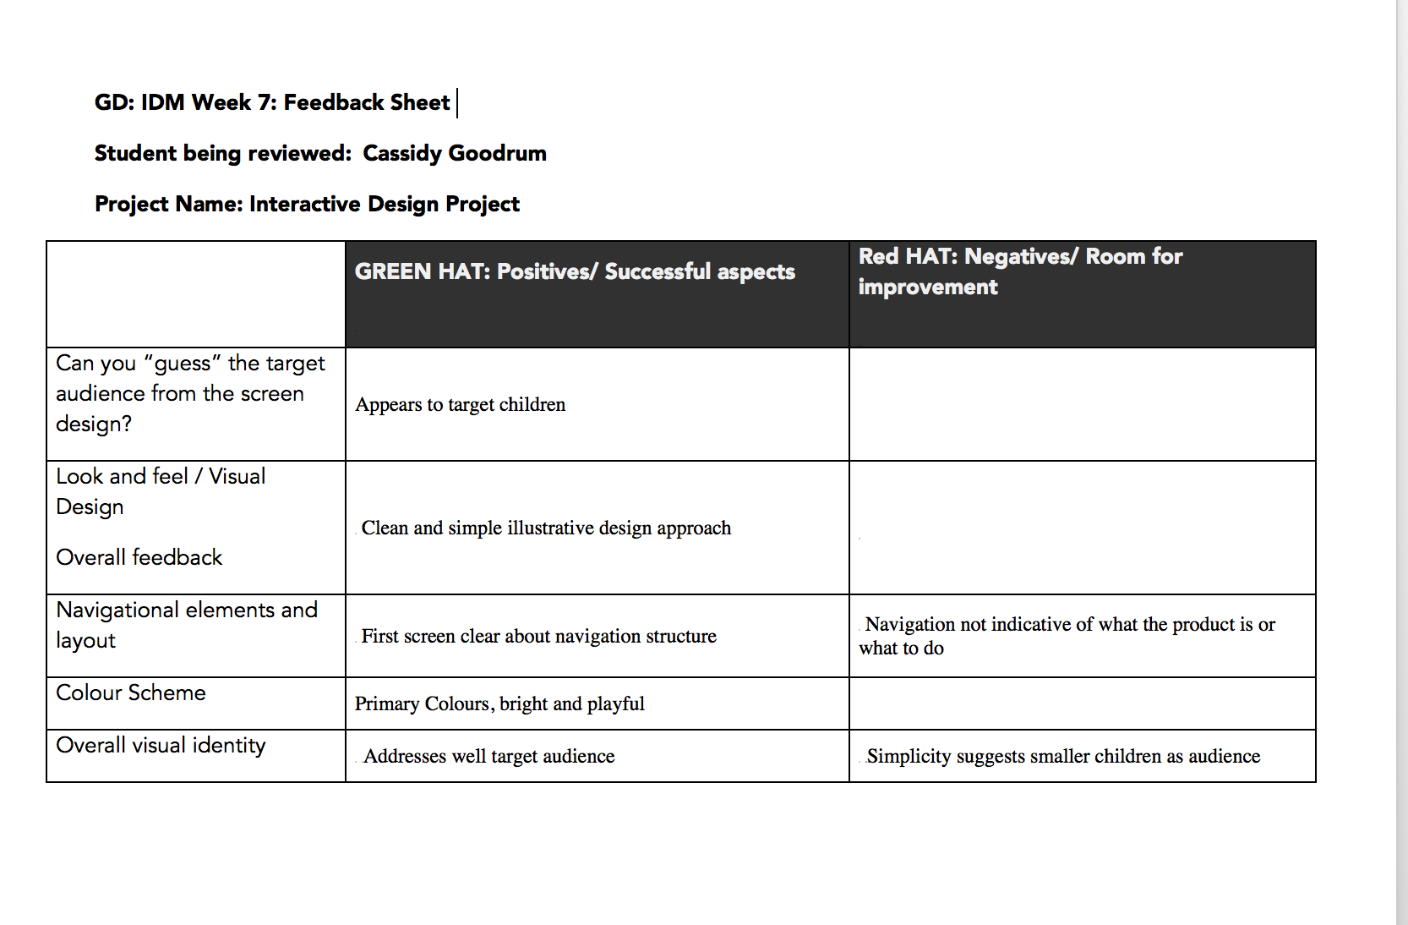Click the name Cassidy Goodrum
(455, 153)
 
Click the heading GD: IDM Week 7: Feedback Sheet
(272, 102)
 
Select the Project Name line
(307, 204)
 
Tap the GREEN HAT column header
(575, 271)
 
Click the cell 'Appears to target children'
(461, 404)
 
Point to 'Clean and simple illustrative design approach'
(546, 528)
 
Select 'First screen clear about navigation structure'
(538, 636)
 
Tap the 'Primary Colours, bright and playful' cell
(499, 703)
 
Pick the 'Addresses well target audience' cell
(488, 756)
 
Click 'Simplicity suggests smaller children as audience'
(1063, 756)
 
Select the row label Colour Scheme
(131, 692)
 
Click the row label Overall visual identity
(161, 745)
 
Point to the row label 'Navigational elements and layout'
(186, 624)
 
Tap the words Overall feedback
(139, 557)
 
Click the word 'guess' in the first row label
(183, 364)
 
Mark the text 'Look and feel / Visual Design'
(161, 491)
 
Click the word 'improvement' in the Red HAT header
(928, 287)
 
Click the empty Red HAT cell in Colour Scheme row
(1082, 703)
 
